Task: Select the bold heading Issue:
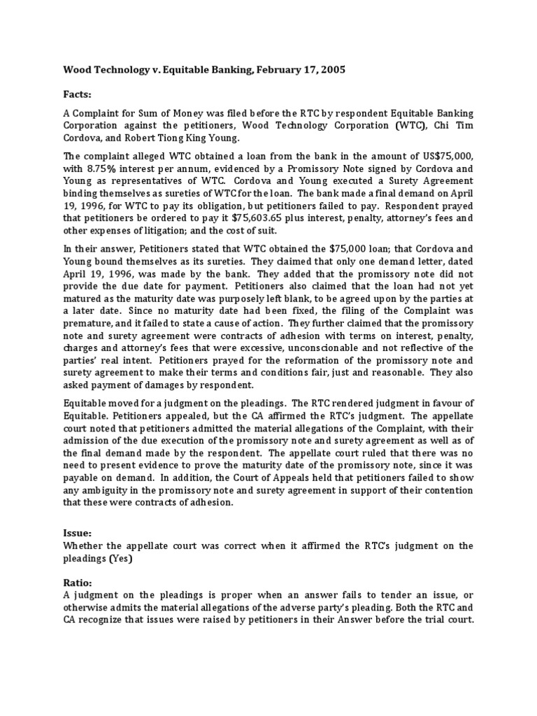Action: pyautogui.click(x=79, y=532)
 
